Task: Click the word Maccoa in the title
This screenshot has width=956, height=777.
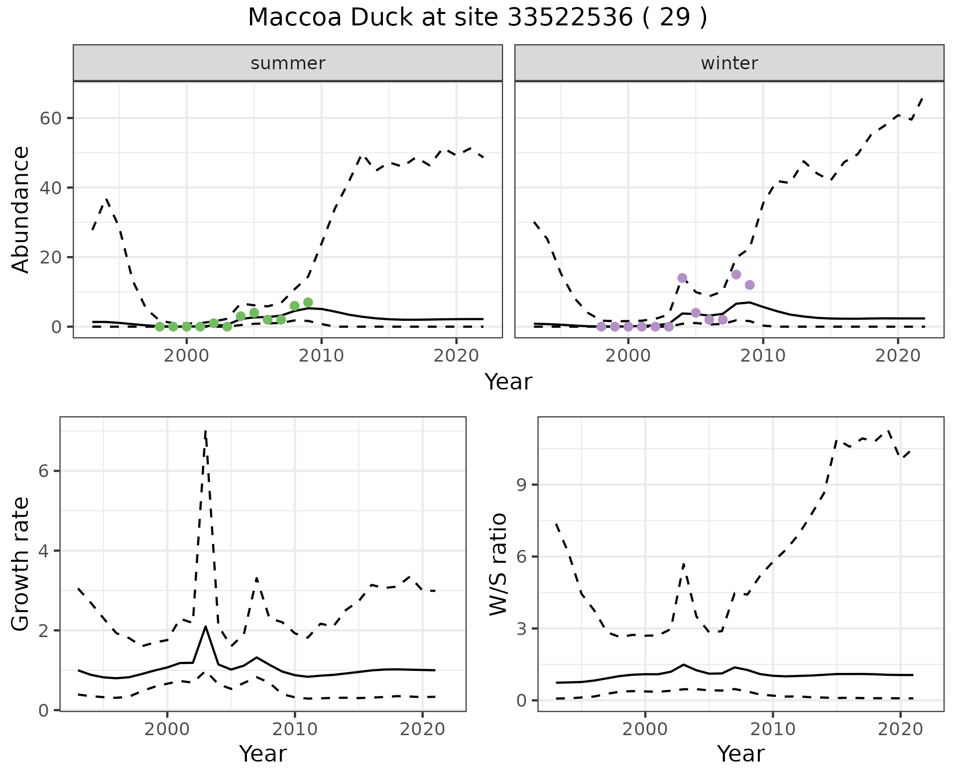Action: coord(294,18)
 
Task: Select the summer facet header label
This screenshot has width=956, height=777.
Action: coord(288,63)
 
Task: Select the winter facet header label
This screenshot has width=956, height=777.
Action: coord(729,63)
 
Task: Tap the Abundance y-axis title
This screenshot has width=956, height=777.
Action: coord(21,209)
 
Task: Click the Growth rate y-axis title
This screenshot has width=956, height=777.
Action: coord(21,564)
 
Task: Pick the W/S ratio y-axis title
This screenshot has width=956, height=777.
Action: coord(498,564)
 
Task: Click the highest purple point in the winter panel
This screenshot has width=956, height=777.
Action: coord(736,274)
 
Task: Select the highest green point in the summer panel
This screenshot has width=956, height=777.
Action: coord(308,302)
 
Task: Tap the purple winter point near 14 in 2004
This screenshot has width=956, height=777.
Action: coord(682,278)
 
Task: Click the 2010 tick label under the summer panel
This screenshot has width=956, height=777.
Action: coord(322,356)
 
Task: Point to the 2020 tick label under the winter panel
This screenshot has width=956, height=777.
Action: coord(898,356)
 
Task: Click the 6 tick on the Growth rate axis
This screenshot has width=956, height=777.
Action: coord(44,471)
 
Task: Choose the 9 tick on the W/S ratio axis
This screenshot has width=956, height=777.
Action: coord(522,485)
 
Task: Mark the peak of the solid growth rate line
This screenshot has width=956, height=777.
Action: coord(206,627)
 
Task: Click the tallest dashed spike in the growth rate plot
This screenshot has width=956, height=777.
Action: coord(206,431)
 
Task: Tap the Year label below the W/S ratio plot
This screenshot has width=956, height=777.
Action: coord(740,754)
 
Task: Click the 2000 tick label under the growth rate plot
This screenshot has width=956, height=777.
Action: coord(167,730)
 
